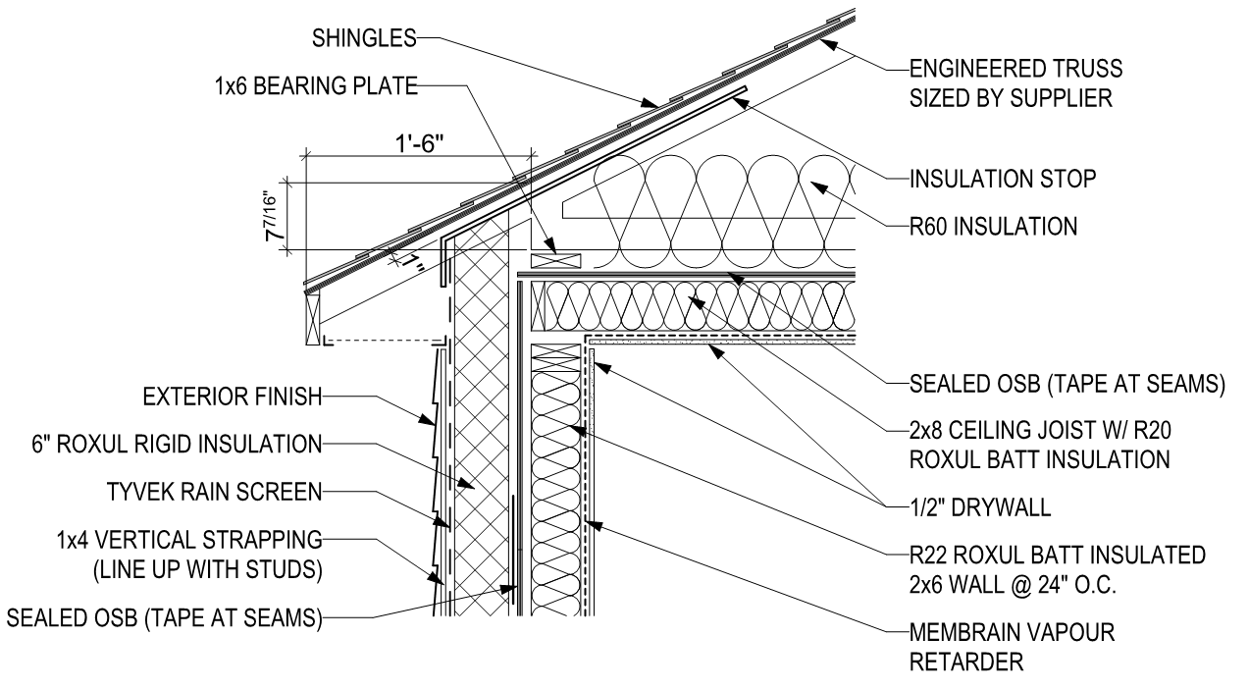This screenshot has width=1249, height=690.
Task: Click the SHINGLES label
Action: coord(364,38)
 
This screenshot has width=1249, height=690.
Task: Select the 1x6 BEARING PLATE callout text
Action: coord(316,86)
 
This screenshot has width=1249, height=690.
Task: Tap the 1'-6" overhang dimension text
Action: coord(419,144)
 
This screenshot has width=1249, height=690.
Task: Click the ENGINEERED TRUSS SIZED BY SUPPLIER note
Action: coord(1015,83)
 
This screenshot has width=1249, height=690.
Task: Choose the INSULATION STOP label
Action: coord(1003,179)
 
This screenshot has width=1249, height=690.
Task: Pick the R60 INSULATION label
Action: coord(993,227)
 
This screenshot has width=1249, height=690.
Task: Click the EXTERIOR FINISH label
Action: coord(233,397)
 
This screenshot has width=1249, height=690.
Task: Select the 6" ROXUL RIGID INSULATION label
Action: coord(178,445)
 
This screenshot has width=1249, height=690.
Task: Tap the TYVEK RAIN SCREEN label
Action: coord(215,492)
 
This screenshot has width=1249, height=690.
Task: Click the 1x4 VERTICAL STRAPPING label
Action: coord(189,555)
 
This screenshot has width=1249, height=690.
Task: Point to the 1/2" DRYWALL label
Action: coord(980,507)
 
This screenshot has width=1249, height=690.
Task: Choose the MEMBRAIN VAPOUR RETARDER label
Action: coord(1012,647)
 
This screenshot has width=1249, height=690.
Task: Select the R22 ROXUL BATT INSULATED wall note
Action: coord(1058,570)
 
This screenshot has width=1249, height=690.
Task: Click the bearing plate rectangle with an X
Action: coord(556,260)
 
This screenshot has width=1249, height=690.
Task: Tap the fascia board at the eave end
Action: coord(313,319)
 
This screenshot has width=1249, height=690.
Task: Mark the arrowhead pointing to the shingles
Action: coord(650,103)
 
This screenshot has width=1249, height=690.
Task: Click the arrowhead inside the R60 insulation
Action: coord(818,186)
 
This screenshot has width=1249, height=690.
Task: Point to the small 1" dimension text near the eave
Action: coord(413,262)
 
